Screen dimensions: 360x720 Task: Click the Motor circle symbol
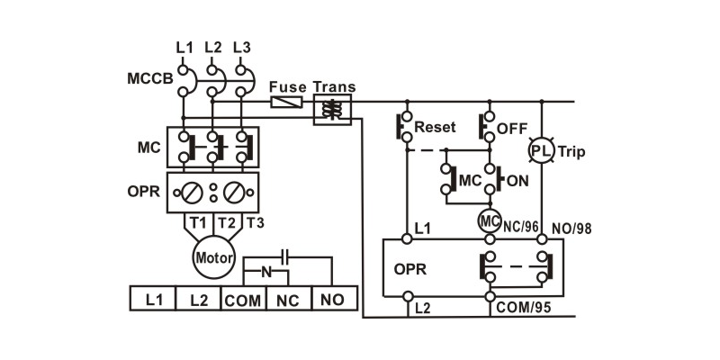click(x=213, y=257)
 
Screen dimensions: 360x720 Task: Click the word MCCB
click(x=148, y=79)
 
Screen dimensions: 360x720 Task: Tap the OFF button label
click(x=513, y=129)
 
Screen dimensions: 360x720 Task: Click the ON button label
click(x=517, y=181)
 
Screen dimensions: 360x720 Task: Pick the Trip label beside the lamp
click(x=572, y=151)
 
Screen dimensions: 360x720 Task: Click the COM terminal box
click(x=243, y=298)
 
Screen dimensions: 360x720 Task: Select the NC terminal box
click(x=288, y=298)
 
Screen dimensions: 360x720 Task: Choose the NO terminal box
click(x=333, y=298)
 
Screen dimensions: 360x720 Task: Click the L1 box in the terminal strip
click(x=152, y=298)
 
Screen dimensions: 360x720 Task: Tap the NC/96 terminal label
click(x=521, y=226)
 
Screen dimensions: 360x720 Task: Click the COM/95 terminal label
click(x=523, y=308)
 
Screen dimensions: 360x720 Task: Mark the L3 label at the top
click(x=241, y=47)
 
